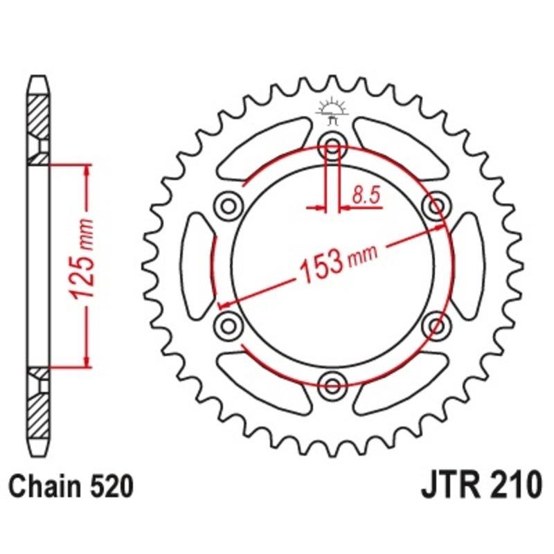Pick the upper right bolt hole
436,205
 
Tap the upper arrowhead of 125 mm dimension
86,170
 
